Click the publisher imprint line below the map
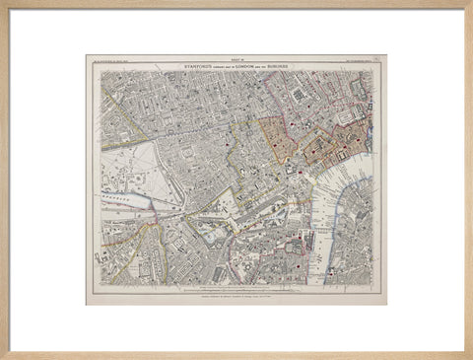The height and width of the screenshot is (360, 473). click(x=236, y=293)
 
